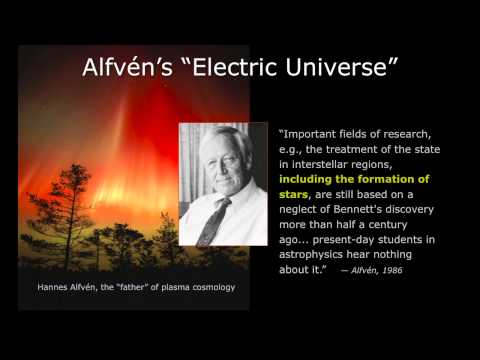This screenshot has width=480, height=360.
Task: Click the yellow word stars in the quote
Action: tap(297, 198)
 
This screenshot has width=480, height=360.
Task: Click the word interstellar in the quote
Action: tap(333, 162)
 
